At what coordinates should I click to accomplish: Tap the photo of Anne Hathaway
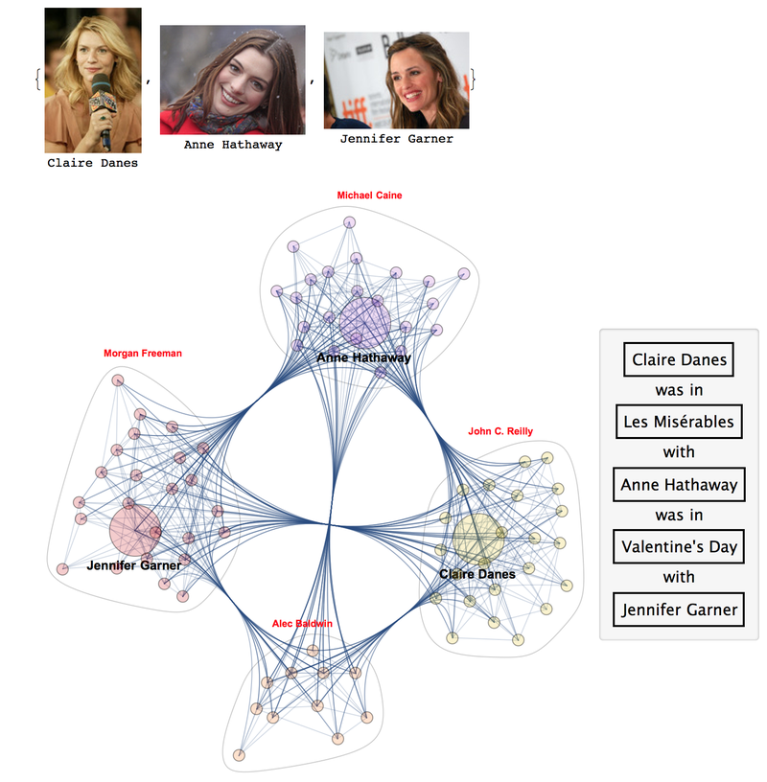[233, 80]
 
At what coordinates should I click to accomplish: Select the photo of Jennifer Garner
[396, 80]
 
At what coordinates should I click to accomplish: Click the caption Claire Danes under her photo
[93, 163]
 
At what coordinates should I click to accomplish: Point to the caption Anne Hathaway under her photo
[233, 146]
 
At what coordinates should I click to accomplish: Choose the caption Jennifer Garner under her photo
[396, 139]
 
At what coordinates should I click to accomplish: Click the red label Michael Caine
[369, 195]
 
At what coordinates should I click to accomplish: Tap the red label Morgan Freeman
[143, 354]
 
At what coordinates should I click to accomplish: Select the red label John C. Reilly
[500, 431]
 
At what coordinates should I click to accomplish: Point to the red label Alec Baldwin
[303, 624]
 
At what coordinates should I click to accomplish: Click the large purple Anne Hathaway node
[365, 323]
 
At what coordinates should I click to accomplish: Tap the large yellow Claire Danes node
[478, 539]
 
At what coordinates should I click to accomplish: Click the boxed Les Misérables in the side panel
[679, 422]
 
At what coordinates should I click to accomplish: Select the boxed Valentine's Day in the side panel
[679, 547]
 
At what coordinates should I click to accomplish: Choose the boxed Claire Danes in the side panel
[679, 360]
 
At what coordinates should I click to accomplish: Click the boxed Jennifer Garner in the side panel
[679, 609]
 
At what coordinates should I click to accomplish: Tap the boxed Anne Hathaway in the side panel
[679, 485]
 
